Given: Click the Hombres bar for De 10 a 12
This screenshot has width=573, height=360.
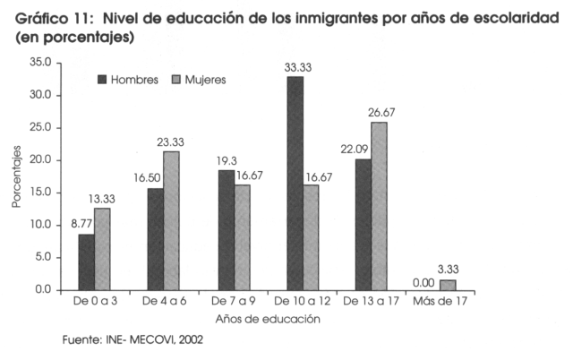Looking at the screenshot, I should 295,184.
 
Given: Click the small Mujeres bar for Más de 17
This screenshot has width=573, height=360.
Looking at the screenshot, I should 447,285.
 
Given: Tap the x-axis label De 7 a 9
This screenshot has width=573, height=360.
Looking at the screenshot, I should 231,302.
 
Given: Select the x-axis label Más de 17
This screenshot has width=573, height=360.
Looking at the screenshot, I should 439,302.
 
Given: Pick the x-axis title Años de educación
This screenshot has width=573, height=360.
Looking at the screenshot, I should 268,319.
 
